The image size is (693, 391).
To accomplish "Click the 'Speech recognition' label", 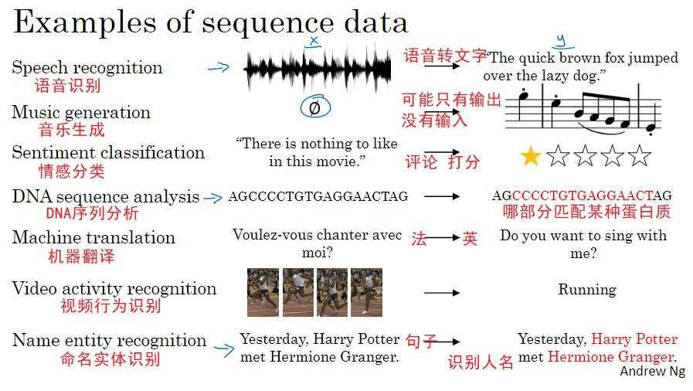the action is pos(87,68).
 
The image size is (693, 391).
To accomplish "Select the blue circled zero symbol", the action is pos(314,107).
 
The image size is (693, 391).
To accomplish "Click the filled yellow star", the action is pos(530,157).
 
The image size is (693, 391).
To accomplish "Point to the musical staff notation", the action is pos(583,108).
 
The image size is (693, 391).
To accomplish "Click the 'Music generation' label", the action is pos(81,112).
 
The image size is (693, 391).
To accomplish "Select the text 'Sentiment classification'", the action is pos(108,152).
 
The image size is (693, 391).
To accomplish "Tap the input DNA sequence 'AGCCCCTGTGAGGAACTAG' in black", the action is pos(318,196).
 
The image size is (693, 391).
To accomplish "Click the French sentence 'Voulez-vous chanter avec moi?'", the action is pos(317,243).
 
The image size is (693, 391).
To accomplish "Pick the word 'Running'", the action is pos(587,290).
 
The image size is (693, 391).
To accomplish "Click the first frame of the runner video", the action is pos(263,292).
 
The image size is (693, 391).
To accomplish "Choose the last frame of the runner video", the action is pos(366,292).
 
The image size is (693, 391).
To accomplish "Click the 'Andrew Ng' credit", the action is pos(652,372).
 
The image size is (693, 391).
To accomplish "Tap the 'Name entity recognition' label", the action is pos(109,340).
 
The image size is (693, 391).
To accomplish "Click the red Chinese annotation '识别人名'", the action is pos(481,362).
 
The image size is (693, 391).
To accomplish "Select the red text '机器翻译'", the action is pos(81,256).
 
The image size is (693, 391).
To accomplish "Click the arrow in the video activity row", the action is pos(442,293).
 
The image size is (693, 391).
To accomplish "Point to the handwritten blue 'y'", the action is pos(560,40).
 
